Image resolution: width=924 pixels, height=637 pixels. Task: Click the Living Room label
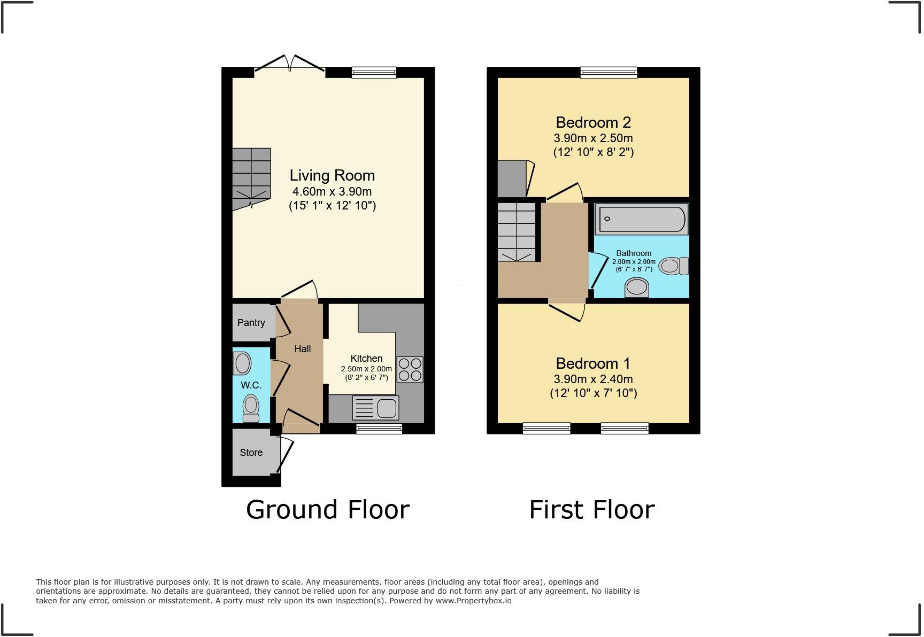pos(332,175)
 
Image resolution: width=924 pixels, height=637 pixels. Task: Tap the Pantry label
pos(251,323)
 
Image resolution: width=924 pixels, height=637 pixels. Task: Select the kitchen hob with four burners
pos(410,369)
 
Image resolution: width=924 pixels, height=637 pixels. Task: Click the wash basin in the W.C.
pos(242,363)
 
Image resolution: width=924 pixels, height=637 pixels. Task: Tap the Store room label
pos(251,453)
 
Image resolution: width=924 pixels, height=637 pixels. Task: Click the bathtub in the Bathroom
pos(641,219)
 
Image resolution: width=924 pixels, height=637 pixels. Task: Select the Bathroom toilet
pos(673,266)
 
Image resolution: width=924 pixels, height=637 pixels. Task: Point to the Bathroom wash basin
pos(637,288)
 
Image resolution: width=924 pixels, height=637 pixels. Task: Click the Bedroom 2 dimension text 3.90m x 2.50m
pos(593,138)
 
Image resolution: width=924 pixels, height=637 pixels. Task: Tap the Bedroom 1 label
pos(593,363)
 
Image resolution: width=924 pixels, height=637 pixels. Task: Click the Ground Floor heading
pos(328,509)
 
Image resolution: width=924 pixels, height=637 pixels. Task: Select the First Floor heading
pos(592,509)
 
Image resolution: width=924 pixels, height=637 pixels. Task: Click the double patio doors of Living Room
pos(289,67)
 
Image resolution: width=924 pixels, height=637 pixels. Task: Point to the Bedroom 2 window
pos(609,72)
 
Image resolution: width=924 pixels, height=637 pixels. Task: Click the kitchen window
pos(379,428)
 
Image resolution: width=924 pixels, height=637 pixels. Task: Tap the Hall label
pos(302,349)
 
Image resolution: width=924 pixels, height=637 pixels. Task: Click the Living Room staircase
pos(251,176)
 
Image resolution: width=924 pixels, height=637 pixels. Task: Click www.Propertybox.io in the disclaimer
pos(473,601)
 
